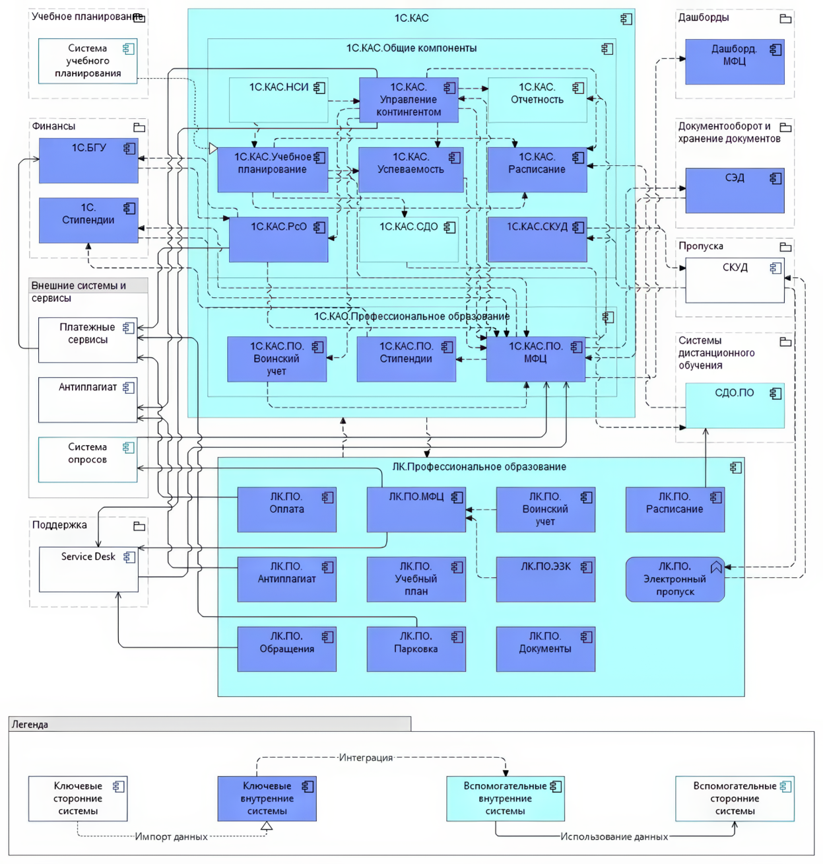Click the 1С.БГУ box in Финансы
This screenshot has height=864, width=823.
point(88,161)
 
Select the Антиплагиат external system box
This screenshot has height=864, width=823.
point(88,400)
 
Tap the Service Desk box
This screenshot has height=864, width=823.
point(88,569)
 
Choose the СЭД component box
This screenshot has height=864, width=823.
point(735,190)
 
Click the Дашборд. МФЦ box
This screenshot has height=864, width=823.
point(735,61)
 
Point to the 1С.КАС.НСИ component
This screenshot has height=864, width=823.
point(279,100)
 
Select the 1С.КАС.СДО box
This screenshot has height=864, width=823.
point(409,239)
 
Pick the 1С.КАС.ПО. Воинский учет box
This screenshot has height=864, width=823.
point(277,359)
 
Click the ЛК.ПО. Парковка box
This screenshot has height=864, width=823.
point(416,649)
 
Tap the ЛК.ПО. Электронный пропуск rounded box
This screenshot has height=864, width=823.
point(675,579)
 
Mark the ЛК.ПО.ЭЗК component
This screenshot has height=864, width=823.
point(545,579)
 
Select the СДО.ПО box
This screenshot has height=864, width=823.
point(735,405)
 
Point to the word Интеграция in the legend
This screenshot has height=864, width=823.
point(366,758)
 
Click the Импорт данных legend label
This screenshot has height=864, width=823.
point(171,837)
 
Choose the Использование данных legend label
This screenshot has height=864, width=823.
point(614,837)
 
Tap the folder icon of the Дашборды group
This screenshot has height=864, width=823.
point(785,18)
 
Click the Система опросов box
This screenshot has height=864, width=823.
point(88,459)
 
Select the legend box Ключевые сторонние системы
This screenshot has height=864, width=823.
point(78,799)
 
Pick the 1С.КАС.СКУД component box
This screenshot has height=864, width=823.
point(537,239)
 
